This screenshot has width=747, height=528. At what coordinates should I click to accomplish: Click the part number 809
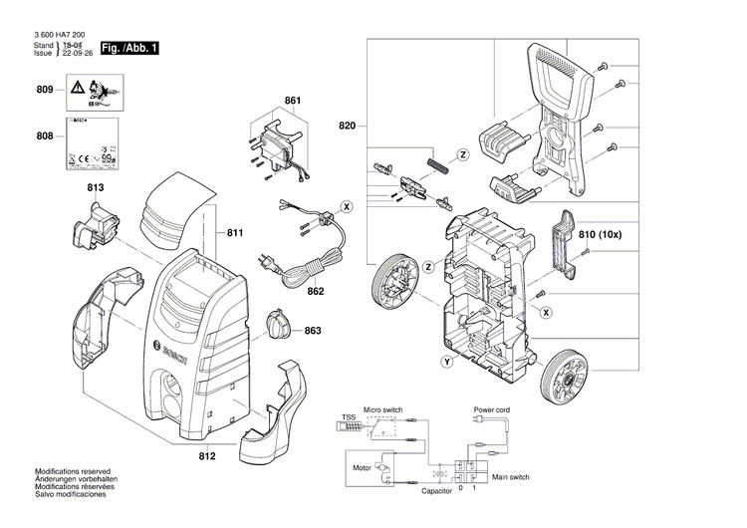[44, 91]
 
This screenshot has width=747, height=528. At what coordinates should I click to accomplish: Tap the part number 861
[292, 102]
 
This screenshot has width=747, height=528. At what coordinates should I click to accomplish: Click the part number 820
[346, 127]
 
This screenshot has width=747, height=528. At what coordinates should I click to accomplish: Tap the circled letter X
[347, 206]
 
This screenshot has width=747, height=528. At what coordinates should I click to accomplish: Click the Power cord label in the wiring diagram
[491, 409]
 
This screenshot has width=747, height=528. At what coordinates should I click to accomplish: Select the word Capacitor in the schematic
[436, 490]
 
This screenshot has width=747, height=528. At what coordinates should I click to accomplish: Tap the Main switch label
[510, 477]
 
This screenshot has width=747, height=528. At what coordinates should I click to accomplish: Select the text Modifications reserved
[73, 471]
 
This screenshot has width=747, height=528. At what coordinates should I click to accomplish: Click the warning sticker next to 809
[98, 95]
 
